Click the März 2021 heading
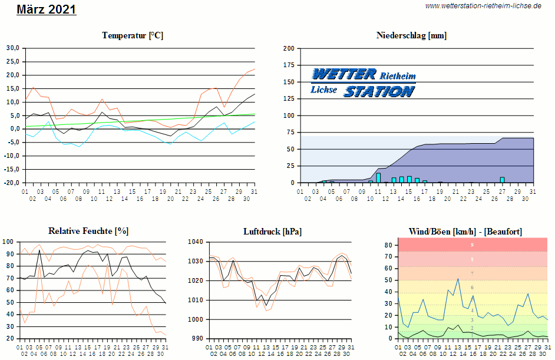tap(46, 9)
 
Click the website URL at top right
tap(483, 5)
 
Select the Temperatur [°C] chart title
tap(133, 35)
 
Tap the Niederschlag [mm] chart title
tap(411, 35)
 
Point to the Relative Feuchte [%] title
tap(88, 231)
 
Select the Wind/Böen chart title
tap(465, 231)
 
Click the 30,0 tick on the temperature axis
tap(13, 48)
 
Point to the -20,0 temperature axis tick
tap(12, 183)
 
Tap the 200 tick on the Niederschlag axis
tap(289, 48)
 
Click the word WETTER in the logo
tap(343, 74)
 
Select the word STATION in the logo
tap(379, 91)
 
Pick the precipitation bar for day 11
tap(378, 178)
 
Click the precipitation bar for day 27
tap(502, 180)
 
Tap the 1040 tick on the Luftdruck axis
tap(196, 242)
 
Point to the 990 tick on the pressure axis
tap(198, 339)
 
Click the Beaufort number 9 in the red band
tap(472, 245)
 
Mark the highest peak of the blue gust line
tap(458, 279)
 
